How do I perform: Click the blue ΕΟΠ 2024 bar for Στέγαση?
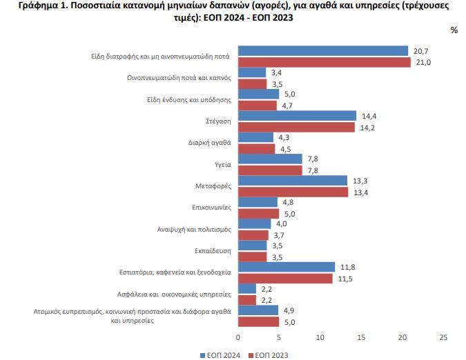(297, 116)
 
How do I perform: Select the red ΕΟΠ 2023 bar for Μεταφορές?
(293, 192)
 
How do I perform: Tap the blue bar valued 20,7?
(322, 50)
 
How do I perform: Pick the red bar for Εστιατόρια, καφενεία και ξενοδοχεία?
(285, 278)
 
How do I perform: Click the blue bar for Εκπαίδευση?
(252, 246)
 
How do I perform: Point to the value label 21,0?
(423, 63)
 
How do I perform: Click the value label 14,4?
(369, 115)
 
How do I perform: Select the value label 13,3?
(360, 180)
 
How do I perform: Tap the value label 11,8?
(347, 266)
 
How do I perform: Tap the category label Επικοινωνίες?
(211, 207)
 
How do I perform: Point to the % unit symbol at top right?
(454, 30)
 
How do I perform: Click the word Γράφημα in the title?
(29, 6)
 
